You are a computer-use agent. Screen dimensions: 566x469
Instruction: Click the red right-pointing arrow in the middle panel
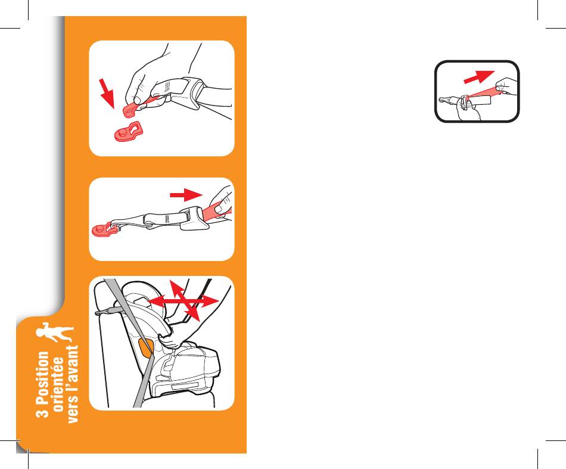tap(186, 195)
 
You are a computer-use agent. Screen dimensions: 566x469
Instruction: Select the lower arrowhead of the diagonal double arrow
tap(194, 313)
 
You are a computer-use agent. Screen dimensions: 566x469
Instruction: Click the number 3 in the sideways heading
tap(42, 412)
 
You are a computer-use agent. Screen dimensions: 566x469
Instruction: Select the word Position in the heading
tap(42, 378)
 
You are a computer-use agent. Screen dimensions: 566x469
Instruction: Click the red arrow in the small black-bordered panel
tap(479, 76)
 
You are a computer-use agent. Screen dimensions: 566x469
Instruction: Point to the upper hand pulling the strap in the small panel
tap(506, 86)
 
